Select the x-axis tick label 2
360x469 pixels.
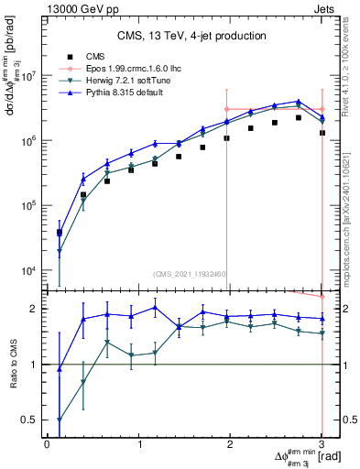pos(231,444)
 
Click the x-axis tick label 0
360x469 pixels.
pos(47,444)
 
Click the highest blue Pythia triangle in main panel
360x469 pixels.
pos(299,102)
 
